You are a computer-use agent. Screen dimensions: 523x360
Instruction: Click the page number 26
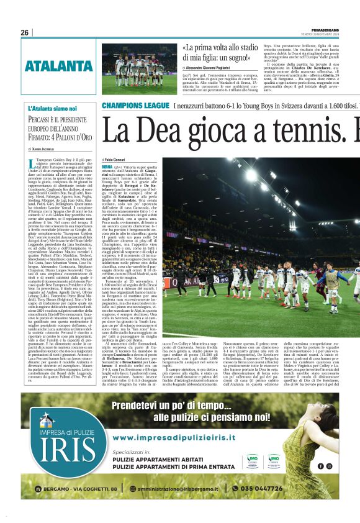(x=25, y=33)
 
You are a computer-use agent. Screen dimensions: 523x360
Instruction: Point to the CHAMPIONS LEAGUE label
(x=136, y=106)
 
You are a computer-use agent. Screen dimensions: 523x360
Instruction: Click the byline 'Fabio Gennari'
(x=115, y=160)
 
